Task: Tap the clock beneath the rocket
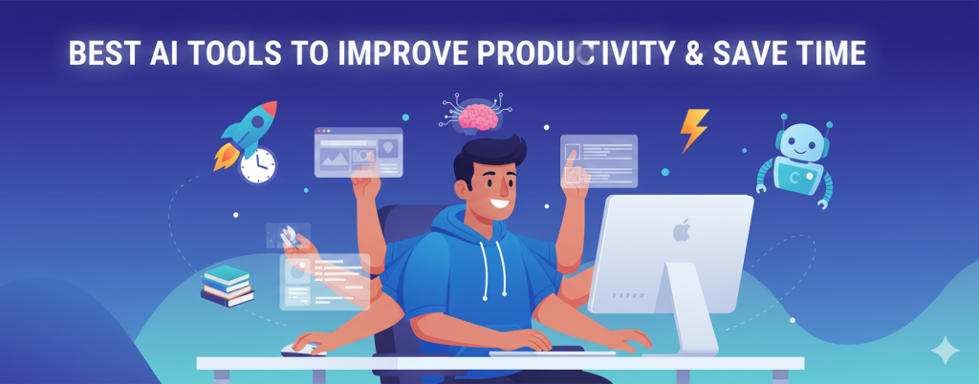(256, 165)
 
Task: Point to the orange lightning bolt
(693, 130)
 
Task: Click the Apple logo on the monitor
(681, 230)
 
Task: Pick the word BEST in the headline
(100, 53)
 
